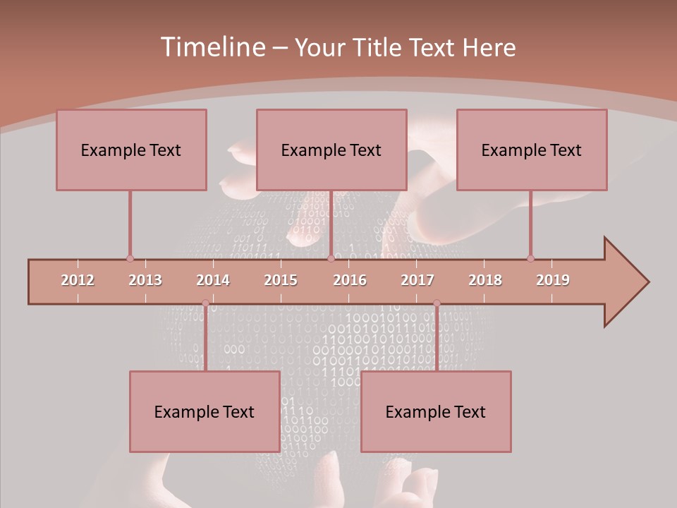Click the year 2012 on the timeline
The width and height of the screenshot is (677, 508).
tap(78, 280)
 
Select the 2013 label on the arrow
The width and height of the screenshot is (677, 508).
tap(145, 280)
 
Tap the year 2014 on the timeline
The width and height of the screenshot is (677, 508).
tap(213, 280)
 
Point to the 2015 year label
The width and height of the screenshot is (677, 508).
tap(281, 280)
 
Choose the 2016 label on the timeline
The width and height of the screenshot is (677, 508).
tap(350, 280)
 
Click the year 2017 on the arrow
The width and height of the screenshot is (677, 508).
tap(417, 280)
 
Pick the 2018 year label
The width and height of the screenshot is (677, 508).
tap(485, 280)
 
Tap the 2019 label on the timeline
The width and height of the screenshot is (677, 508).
tap(553, 280)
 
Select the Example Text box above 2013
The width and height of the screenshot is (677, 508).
tap(131, 150)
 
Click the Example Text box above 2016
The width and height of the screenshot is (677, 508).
tap(331, 150)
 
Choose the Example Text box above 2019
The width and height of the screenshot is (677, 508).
tap(532, 150)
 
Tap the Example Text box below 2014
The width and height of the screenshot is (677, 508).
tap(205, 411)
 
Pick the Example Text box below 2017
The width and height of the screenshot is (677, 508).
tap(436, 411)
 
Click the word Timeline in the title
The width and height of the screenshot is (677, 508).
tap(212, 47)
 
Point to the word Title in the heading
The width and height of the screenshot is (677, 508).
tap(378, 48)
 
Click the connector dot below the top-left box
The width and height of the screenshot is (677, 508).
tap(130, 259)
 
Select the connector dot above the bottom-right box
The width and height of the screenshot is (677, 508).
tap(437, 303)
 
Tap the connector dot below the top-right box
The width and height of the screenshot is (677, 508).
tap(530, 259)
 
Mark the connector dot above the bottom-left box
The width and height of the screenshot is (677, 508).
tap(205, 303)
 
